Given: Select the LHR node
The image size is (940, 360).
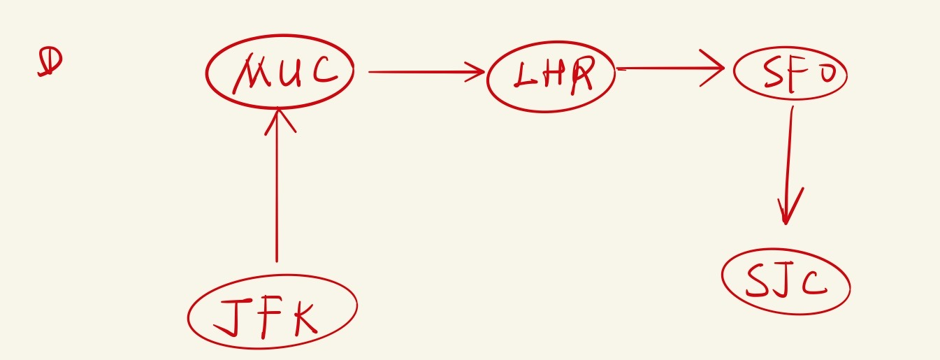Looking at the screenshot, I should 551,76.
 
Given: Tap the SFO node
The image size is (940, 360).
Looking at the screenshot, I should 790,73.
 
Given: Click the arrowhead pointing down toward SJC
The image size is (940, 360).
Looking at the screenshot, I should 787,210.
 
